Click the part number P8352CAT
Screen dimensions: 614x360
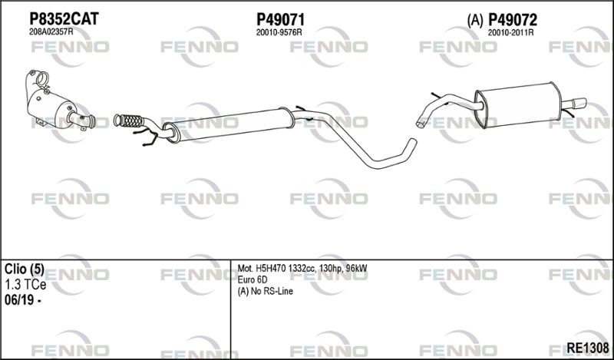pyautogui.click(x=64, y=18)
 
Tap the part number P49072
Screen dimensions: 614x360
pyautogui.click(x=513, y=20)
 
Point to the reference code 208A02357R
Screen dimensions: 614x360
pyautogui.click(x=51, y=32)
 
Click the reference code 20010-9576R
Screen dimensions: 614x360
pyautogui.click(x=279, y=33)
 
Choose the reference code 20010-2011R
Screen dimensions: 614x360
pyautogui.click(x=510, y=33)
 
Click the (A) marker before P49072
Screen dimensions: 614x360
pyautogui.click(x=475, y=21)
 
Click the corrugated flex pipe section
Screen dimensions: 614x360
pyautogui.click(x=129, y=121)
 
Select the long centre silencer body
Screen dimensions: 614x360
pyautogui.click(x=229, y=124)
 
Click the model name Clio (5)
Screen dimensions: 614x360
pyautogui.click(x=25, y=269)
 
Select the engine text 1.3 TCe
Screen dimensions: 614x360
pyautogui.click(x=25, y=285)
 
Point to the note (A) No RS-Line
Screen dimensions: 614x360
pyautogui.click(x=265, y=292)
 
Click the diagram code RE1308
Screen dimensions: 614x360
pyautogui.click(x=588, y=348)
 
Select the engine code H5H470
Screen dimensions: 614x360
pyautogui.click(x=271, y=269)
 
